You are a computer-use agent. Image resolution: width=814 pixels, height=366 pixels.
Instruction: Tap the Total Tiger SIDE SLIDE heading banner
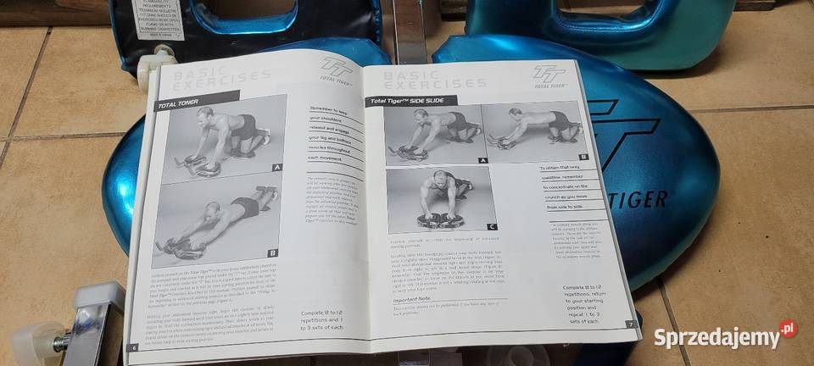coord(411,102)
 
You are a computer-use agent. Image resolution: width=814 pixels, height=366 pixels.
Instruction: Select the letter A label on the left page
coord(276,168)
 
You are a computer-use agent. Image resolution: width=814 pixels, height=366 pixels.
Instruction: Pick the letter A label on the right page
coord(482,158)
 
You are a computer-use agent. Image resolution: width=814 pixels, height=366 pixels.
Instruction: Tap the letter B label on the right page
coord(583,157)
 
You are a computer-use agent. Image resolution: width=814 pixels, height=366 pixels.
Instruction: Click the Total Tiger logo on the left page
coord(337,67)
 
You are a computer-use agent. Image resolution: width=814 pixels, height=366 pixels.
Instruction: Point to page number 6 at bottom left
coord(133,347)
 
